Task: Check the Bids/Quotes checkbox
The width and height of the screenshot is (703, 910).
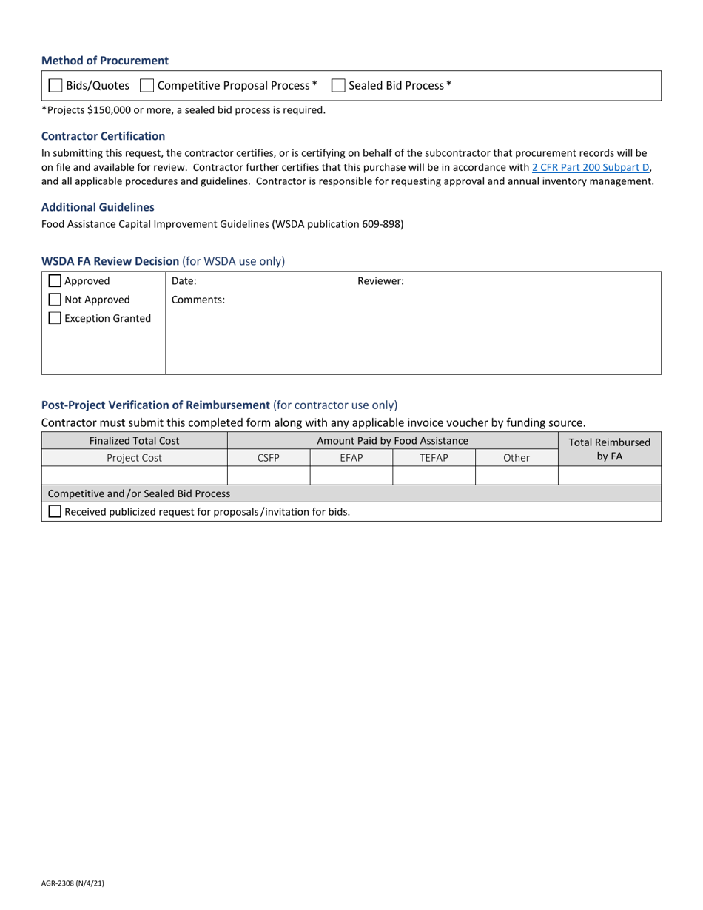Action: [55, 86]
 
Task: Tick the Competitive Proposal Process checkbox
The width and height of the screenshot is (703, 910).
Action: [147, 86]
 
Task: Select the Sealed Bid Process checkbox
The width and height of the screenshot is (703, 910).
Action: [338, 86]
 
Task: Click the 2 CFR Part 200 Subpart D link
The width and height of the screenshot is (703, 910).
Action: [591, 168]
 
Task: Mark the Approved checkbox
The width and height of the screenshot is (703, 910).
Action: [55, 281]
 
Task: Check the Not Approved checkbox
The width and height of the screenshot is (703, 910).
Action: [55, 300]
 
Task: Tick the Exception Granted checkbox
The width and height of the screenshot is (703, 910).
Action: [55, 318]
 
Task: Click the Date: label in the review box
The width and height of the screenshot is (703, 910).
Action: [184, 281]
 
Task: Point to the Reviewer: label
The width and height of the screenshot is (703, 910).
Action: [380, 281]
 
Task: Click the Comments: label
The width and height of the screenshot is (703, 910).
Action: [198, 300]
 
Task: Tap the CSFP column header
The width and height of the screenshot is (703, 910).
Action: [269, 458]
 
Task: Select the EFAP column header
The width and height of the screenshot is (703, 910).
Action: [351, 458]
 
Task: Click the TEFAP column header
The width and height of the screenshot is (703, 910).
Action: [434, 458]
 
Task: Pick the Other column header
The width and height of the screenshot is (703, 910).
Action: [517, 458]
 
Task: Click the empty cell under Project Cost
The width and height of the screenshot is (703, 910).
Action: [135, 476]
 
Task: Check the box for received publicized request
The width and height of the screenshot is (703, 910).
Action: [55, 511]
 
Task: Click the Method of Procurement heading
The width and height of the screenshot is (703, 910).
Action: [105, 61]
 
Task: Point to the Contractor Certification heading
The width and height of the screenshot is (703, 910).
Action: [104, 136]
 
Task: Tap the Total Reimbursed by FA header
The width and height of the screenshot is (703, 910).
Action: [609, 449]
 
